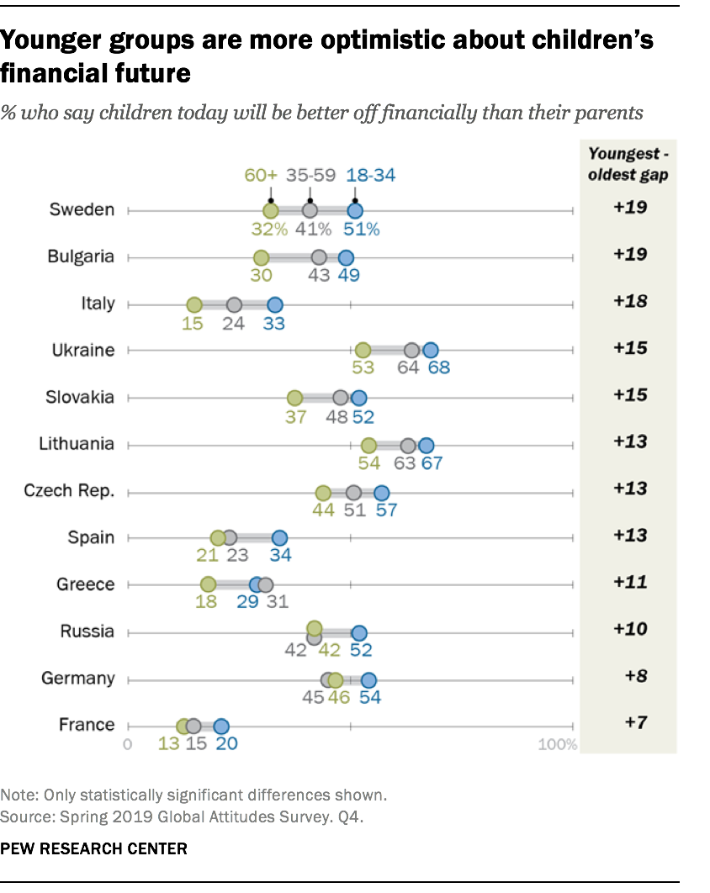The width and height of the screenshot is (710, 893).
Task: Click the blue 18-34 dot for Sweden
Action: pyautogui.click(x=354, y=210)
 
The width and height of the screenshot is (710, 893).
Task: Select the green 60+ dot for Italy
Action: pyautogui.click(x=194, y=304)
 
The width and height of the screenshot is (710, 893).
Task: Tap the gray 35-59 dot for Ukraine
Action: pyautogui.click(x=411, y=351)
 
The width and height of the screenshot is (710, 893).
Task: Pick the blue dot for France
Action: pyautogui.click(x=220, y=726)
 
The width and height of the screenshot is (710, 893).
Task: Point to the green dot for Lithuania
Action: pyautogui.click(x=368, y=445)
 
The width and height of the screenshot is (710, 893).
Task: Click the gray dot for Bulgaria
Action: pyautogui.click(x=319, y=257)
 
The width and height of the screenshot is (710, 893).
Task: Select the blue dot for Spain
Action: pyautogui.click(x=279, y=538)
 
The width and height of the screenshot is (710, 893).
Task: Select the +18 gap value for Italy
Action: pyautogui.click(x=630, y=301)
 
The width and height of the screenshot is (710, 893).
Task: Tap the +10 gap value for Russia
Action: pyautogui.click(x=630, y=628)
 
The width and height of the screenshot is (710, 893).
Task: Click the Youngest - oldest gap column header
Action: pyautogui.click(x=629, y=161)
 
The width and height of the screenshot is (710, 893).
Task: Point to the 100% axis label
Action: pyautogui.click(x=558, y=744)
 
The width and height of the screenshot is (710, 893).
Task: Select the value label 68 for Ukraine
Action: pyautogui.click(x=438, y=369)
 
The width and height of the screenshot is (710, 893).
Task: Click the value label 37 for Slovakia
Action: pyautogui.click(x=295, y=416)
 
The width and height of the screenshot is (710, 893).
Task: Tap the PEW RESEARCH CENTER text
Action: pyautogui.click(x=94, y=848)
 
